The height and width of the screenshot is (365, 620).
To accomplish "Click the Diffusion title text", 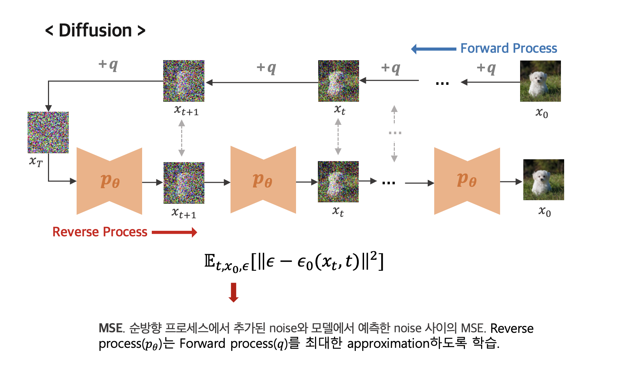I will point(95,30).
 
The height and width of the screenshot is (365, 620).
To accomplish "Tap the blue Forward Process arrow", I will point(433,49).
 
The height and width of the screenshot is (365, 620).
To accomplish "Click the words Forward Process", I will point(508,48).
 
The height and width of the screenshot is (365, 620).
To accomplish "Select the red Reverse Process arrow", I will point(174,232).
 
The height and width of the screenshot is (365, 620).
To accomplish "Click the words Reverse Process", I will point(100,232).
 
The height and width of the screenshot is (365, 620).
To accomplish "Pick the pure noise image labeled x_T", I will point(48,132).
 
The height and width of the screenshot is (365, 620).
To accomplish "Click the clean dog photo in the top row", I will point(540,81).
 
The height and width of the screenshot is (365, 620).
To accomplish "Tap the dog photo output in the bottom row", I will point(543,180).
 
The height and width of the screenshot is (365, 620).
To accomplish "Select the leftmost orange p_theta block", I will point(109,181).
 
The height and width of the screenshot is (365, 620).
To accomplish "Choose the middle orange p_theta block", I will point(263,180).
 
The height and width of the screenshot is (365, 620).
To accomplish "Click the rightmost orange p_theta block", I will point(467,181).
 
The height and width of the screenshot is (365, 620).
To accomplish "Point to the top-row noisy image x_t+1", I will point(184,81).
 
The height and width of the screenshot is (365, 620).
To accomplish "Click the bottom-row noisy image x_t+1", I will point(184,183).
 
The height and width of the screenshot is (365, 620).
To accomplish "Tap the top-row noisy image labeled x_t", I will point(338,81).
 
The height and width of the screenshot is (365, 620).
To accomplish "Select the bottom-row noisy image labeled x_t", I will point(338,181).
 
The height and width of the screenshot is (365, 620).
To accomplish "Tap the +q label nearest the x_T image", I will point(108,64).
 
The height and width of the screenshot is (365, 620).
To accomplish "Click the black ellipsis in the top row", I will point(442,83).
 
